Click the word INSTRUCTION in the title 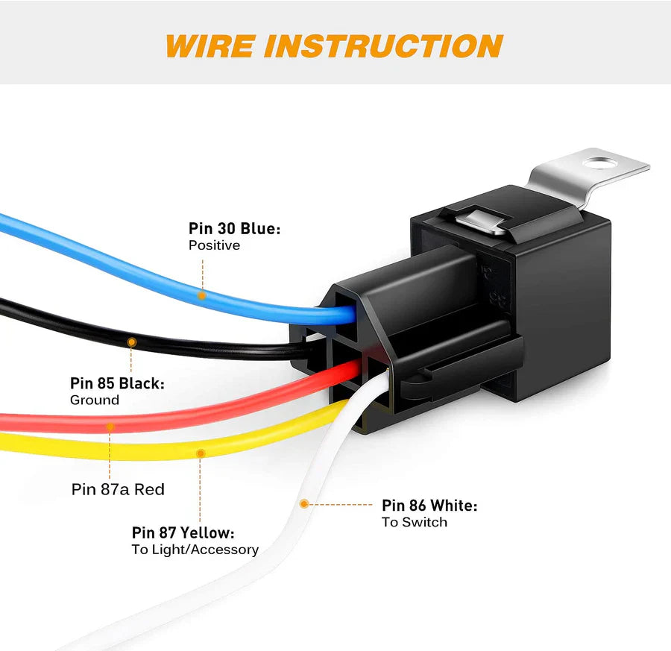(384, 45)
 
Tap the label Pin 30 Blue (234, 229)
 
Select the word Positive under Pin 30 (214, 245)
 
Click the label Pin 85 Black (117, 383)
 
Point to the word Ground (95, 400)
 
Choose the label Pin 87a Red (118, 490)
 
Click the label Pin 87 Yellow (183, 533)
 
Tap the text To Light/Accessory (195, 550)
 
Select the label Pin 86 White (429, 506)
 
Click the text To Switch (415, 522)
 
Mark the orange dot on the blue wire (201, 295)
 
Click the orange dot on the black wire (132, 342)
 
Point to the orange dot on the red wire (110, 427)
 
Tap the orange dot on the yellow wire (200, 453)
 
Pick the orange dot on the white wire (303, 504)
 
